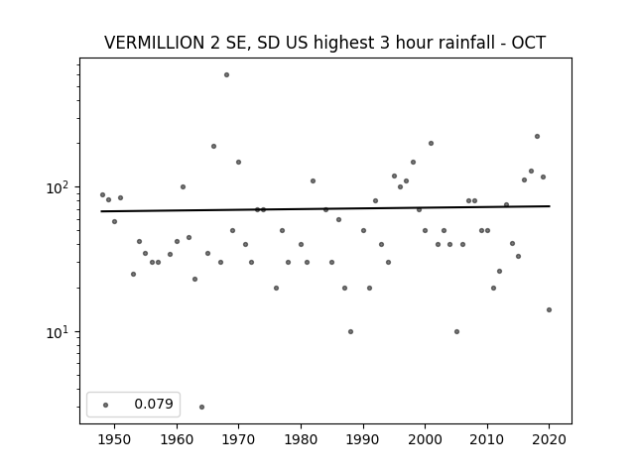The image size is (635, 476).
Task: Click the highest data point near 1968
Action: point(227,75)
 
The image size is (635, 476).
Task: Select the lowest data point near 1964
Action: point(201,407)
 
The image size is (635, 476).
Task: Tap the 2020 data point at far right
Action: point(549,310)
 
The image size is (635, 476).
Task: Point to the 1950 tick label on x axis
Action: point(115,439)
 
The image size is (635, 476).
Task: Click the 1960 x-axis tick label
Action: point(177,439)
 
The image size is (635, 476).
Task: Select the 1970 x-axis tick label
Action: point(239,439)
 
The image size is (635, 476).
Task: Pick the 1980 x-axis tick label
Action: point(301,439)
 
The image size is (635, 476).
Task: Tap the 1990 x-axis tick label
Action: point(363,439)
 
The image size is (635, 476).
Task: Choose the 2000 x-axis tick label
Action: point(426,439)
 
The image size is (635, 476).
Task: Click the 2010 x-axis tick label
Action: point(487,439)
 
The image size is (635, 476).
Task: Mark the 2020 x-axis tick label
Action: point(549,439)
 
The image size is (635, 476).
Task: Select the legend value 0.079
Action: point(154,404)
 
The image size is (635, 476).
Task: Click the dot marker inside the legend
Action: point(106,405)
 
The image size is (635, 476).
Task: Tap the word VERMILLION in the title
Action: point(154,43)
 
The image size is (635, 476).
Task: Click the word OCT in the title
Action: point(529,43)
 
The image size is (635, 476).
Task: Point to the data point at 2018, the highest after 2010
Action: point(537,137)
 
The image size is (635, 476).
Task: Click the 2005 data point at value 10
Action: point(456,332)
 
